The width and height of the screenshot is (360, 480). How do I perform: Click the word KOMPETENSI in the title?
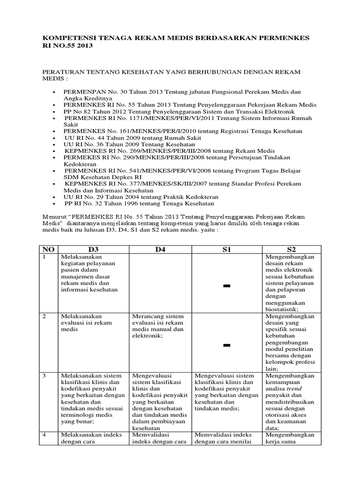pos(66,37)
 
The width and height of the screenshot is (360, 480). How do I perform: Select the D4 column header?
pos(160,249)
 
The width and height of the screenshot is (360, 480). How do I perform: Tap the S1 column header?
pos(227,249)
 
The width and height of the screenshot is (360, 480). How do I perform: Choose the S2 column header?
pos(291,249)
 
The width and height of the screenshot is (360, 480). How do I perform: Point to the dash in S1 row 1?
pos(227,286)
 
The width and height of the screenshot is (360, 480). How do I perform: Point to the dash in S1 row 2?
pos(227,345)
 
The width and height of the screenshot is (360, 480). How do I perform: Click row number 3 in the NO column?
pos(45,376)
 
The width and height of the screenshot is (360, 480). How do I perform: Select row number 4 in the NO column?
pos(45,435)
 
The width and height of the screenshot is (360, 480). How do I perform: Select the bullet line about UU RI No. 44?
pos(133,138)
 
